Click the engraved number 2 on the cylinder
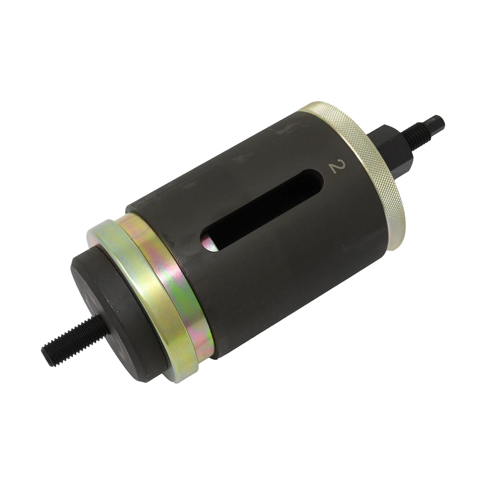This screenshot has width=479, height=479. pyautogui.click(x=337, y=167)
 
